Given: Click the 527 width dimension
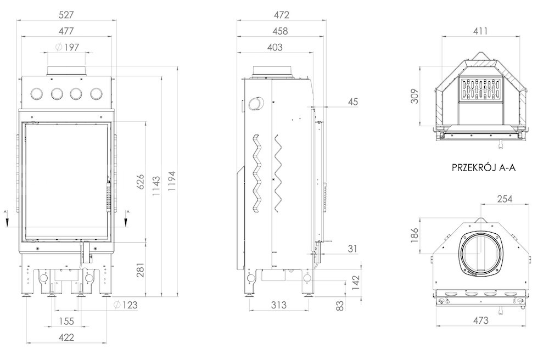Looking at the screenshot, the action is coord(66,15).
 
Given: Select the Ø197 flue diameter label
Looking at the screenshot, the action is coord(67,47).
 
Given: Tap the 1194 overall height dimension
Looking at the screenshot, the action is coord(172,181).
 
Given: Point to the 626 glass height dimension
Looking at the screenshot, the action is coord(140,181).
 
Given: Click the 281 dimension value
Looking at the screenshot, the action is coord(141,270).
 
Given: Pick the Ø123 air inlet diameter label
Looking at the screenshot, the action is coord(126,305).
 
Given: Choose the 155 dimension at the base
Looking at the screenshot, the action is coord(66,321).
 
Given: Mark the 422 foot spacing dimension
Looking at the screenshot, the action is coord(66,337).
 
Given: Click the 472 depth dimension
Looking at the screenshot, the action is coord(282,15).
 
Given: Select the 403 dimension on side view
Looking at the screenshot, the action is coord(274,47).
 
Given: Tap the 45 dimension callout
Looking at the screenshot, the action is coord(353,102).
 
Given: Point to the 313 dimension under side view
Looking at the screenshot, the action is coord(279,305).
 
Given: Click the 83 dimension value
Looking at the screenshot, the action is coord(340,306).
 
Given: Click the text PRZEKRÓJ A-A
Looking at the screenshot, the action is coord(484,167).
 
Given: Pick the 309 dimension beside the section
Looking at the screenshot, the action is coord(414,96).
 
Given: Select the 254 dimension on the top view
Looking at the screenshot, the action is coord(505,199).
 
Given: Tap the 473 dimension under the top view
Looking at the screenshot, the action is coord(480,320).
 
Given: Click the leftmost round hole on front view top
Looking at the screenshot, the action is coord(36,93).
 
